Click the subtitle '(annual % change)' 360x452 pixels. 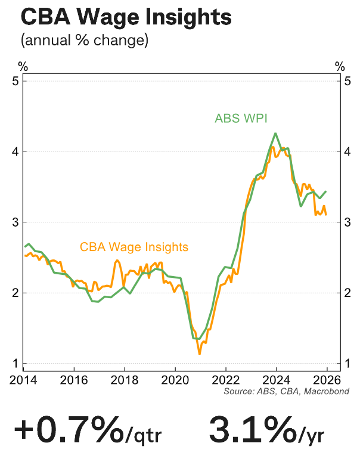[84, 41]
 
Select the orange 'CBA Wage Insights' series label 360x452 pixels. [134, 246]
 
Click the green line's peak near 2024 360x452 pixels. [275, 134]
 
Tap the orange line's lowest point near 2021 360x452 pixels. [200, 354]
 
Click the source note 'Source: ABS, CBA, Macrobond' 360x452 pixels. [286, 391]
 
